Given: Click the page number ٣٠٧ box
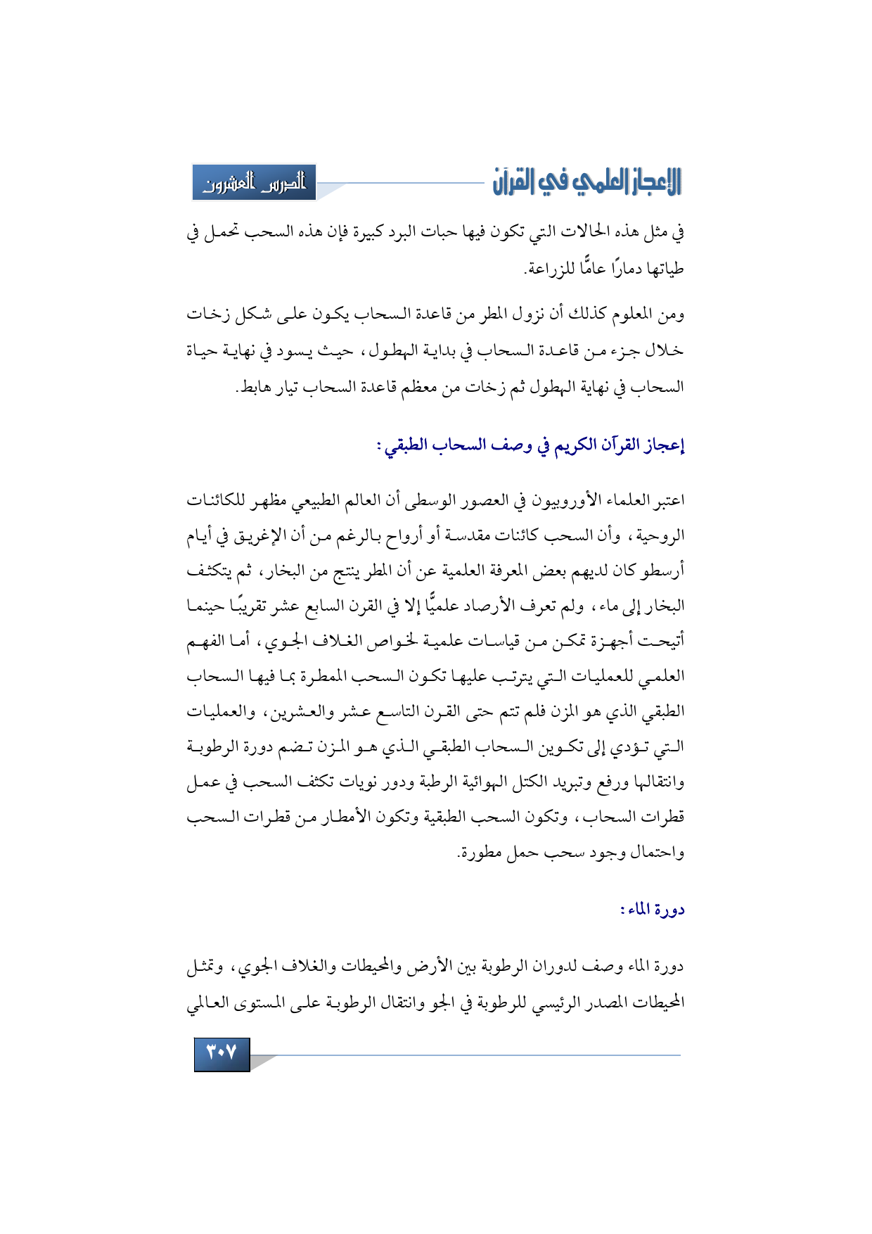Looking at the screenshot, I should coord(222,1053).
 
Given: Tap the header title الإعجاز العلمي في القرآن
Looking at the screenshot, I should coord(587,182).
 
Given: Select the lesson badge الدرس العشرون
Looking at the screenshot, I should coord(255,183).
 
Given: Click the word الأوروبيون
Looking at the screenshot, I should coord(551,500).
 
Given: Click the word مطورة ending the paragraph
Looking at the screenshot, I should coord(480,853).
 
